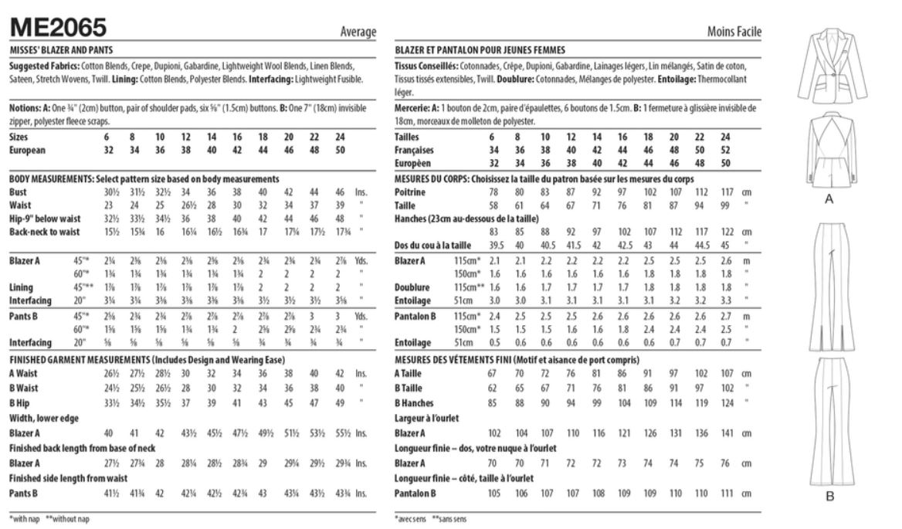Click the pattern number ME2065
pyautogui.click(x=58, y=29)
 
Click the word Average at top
pyautogui.click(x=358, y=32)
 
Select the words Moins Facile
pyautogui.click(x=734, y=32)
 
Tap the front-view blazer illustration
pyautogui.click(x=828, y=69)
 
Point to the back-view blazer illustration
pyautogui.click(x=828, y=151)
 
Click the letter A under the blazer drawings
pyautogui.click(x=829, y=199)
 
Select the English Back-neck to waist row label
pyautogui.click(x=43, y=231)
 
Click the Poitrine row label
pyautogui.click(x=409, y=191)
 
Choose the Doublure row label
pyautogui.click(x=413, y=287)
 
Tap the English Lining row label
pyautogui.click(x=22, y=287)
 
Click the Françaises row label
pyautogui.click(x=415, y=150)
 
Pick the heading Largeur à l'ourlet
pyautogui.click(x=428, y=418)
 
